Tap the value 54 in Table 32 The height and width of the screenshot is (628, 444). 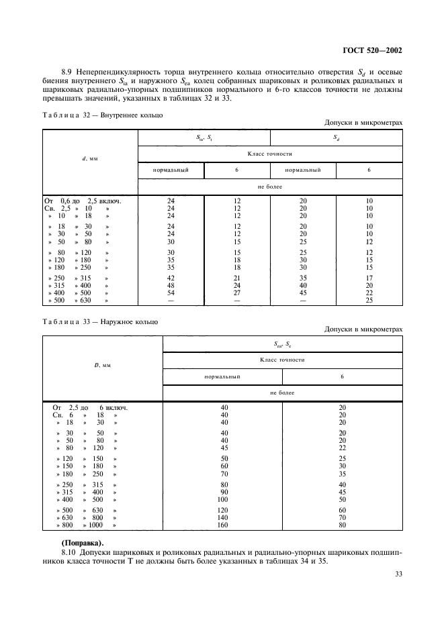(x=171, y=293)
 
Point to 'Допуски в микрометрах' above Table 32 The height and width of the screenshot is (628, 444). (x=363, y=123)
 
